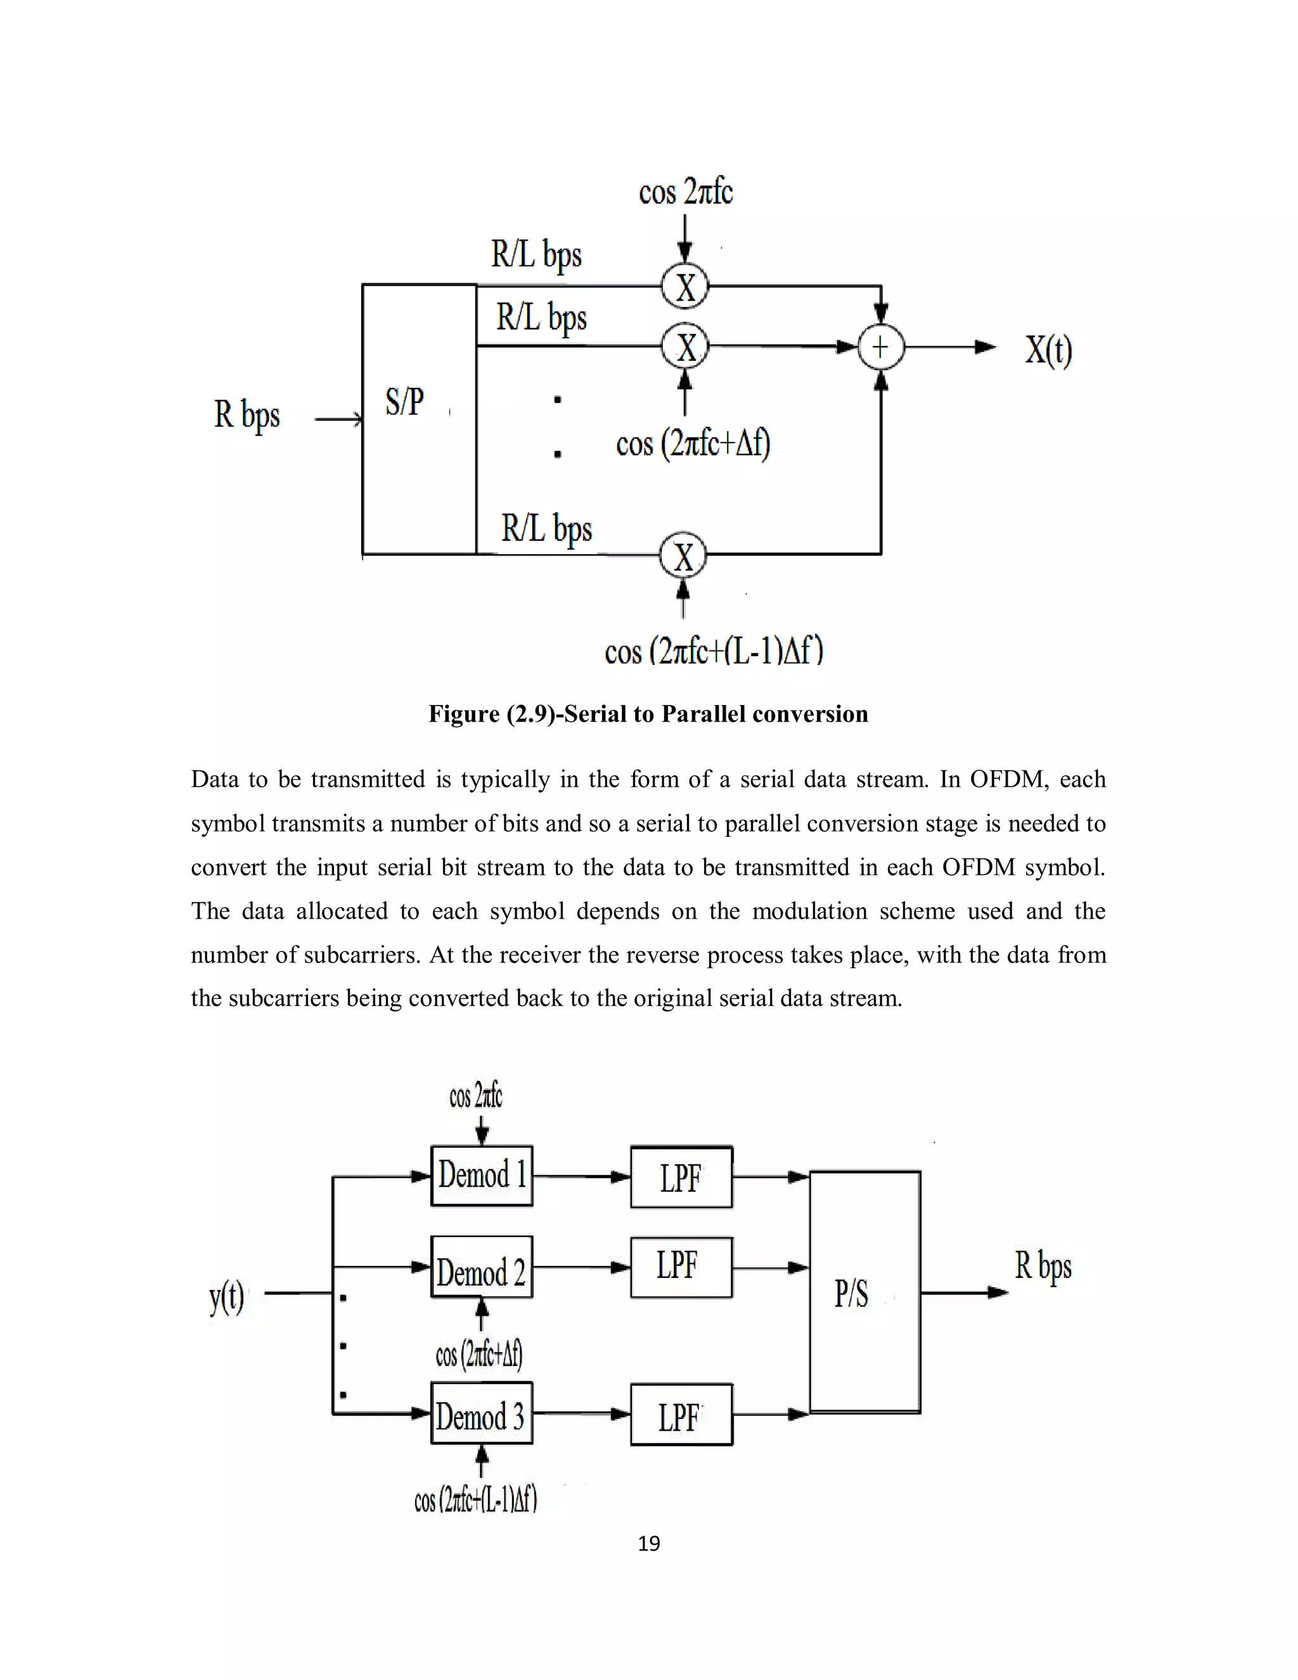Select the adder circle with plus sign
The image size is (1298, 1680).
tap(880, 347)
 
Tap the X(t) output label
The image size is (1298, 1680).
tap(1048, 351)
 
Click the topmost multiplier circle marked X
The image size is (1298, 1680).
tap(684, 287)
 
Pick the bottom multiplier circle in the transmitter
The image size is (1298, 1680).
tap(683, 555)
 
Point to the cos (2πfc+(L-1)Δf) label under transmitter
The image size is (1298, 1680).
tap(714, 651)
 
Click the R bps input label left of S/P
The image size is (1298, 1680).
tap(247, 415)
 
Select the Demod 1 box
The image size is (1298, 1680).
tap(482, 1175)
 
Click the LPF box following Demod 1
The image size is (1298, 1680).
tap(681, 1178)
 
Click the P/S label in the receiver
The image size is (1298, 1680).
tap(852, 1294)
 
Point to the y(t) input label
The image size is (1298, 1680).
tap(227, 1297)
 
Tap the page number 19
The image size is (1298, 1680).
tap(648, 1544)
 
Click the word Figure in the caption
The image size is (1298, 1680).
tap(464, 714)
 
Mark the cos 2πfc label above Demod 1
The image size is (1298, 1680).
tap(475, 1095)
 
